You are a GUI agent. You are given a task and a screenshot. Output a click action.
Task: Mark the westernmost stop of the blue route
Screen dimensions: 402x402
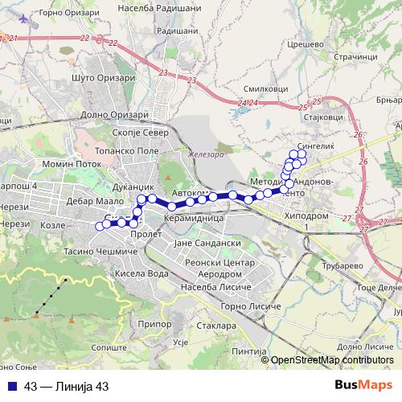(x=100, y=227)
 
